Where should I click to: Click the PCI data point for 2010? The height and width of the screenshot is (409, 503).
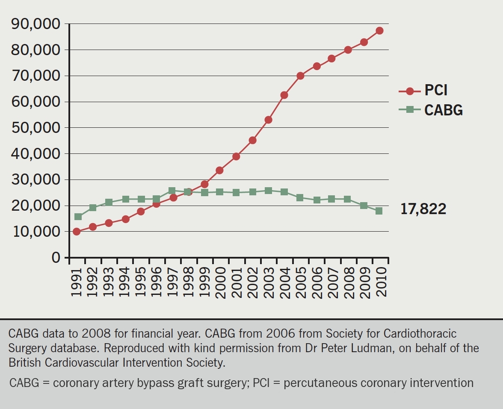pyautogui.click(x=379, y=31)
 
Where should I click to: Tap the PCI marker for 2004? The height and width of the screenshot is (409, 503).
pyautogui.click(x=284, y=95)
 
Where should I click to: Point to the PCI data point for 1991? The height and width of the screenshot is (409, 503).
pyautogui.click(x=77, y=232)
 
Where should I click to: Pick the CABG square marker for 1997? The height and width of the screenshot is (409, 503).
pyautogui.click(x=172, y=191)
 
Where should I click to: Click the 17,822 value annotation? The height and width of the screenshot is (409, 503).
pyautogui.click(x=423, y=209)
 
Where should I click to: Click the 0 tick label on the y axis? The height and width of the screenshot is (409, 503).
pyautogui.click(x=56, y=258)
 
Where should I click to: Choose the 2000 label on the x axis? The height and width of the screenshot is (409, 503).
pyautogui.click(x=220, y=283)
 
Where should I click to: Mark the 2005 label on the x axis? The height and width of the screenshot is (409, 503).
pyautogui.click(x=300, y=283)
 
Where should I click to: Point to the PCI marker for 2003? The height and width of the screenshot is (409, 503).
pyautogui.click(x=268, y=120)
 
